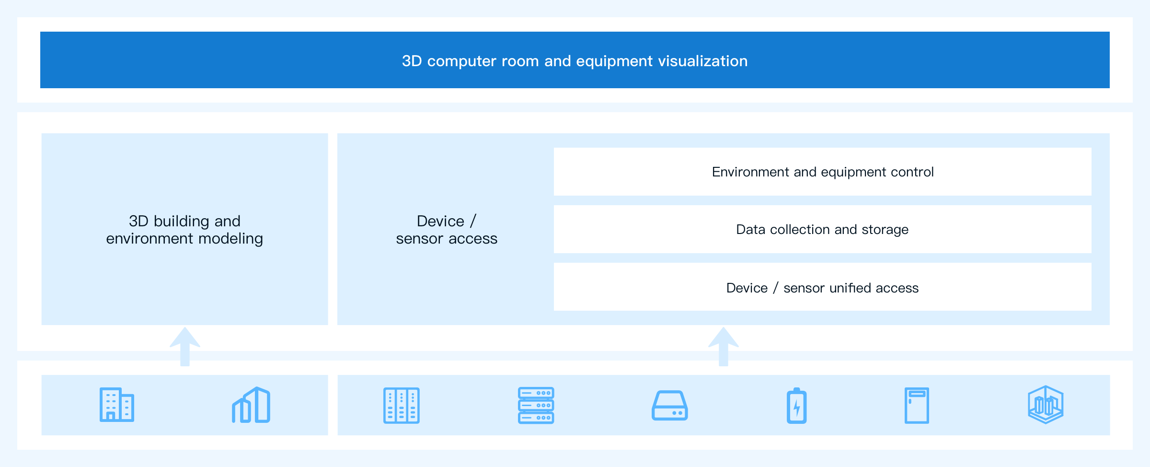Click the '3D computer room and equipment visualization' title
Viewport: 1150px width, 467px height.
point(575,61)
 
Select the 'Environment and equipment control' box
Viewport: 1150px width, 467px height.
point(822,172)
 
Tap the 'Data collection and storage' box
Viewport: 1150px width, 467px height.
point(822,229)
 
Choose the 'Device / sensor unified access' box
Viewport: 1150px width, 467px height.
point(822,287)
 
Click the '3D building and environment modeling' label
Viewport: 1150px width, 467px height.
point(184,230)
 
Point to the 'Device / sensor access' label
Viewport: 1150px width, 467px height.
point(447,230)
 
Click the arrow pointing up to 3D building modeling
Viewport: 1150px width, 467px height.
point(185,347)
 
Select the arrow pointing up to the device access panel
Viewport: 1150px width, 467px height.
point(724,347)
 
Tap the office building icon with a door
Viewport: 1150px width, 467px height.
point(117,405)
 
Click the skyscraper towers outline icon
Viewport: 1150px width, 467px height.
point(251,405)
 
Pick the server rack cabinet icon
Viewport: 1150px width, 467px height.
point(402,405)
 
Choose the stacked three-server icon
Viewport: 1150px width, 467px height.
point(536,405)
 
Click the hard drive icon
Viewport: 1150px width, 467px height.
point(670,406)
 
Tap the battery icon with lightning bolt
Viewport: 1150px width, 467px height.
point(797,406)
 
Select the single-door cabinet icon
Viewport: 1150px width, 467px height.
point(917,405)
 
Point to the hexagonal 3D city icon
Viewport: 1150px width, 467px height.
point(1046,405)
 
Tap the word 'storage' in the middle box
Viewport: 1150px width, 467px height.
point(885,230)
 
